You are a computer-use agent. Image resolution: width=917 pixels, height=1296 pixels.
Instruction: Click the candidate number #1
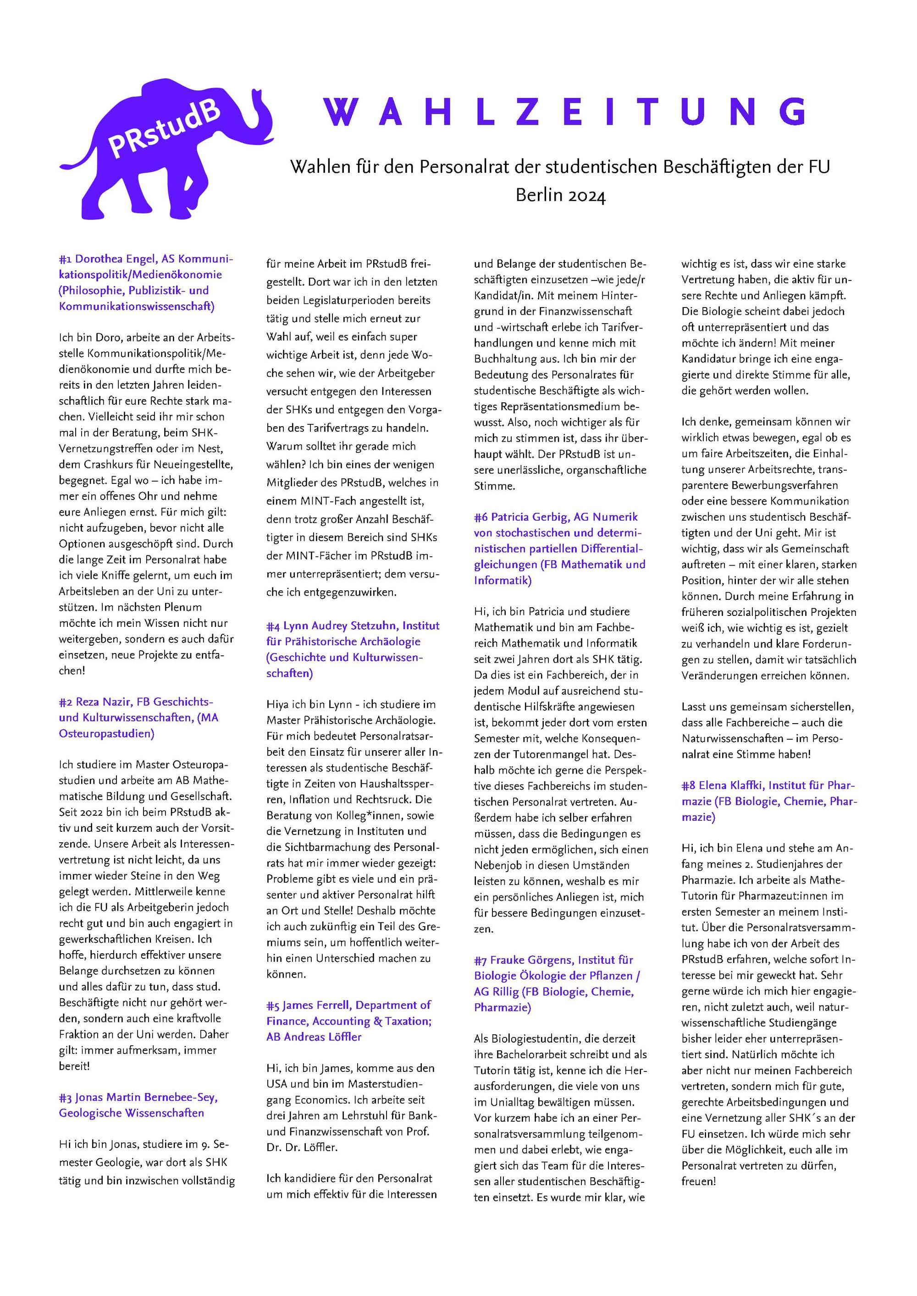pos(66,259)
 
